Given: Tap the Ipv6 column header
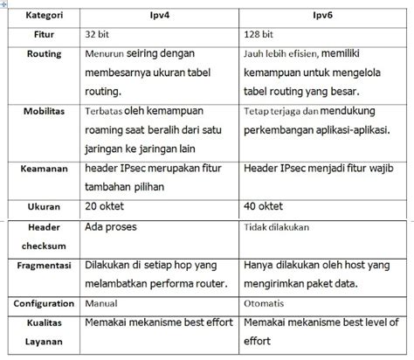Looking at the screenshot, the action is click(322, 15).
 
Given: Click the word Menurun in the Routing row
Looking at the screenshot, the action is click(107, 54).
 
